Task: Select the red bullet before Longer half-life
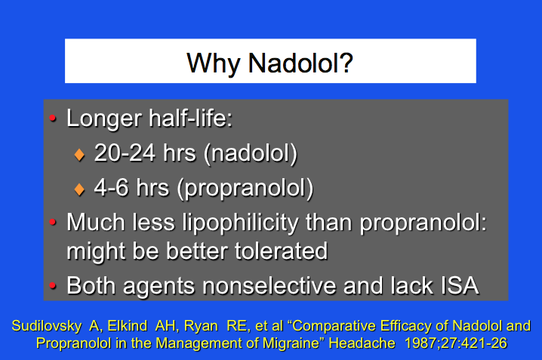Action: (x=54, y=119)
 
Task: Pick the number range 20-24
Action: (x=124, y=153)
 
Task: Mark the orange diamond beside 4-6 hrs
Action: (x=79, y=189)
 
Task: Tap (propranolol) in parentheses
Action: (x=245, y=188)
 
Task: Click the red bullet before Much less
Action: (x=54, y=223)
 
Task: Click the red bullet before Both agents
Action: (x=54, y=287)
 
